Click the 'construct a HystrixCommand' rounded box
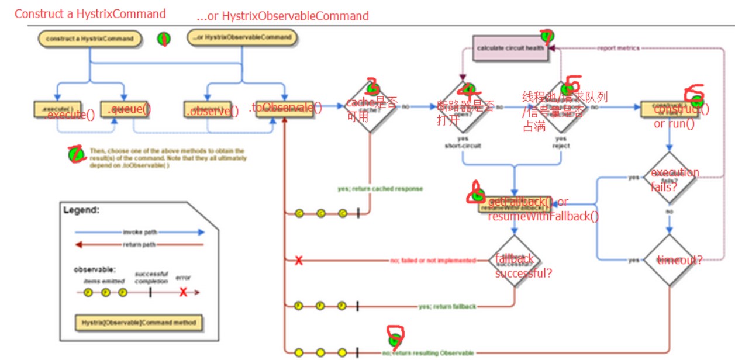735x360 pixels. pyautogui.click(x=90, y=39)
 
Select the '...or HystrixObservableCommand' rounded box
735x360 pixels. pyautogui.click(x=242, y=38)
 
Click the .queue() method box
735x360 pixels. pyautogui.click(x=123, y=109)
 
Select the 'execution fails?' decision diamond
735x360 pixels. pyautogui.click(x=671, y=178)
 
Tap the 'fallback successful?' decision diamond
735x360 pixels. pyautogui.click(x=515, y=261)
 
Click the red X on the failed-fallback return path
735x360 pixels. pyautogui.click(x=299, y=261)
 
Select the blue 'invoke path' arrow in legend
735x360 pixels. pyautogui.click(x=140, y=232)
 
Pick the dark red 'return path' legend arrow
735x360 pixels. pyautogui.click(x=140, y=245)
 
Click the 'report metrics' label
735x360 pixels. pyautogui.click(x=618, y=48)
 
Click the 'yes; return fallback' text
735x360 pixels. pyautogui.click(x=447, y=306)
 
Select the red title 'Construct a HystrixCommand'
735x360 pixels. pyautogui.click(x=90, y=13)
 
